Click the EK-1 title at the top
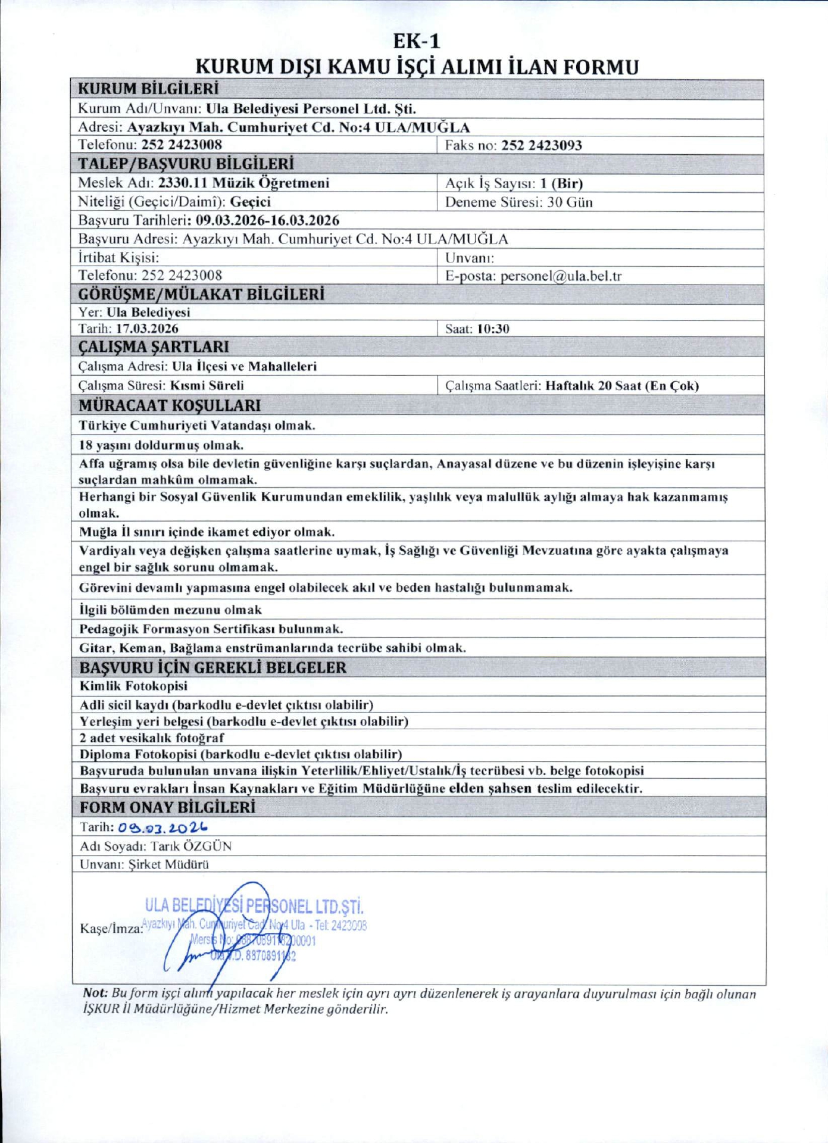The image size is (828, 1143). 417,41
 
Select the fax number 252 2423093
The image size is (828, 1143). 541,145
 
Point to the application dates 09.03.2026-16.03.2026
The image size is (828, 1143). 267,220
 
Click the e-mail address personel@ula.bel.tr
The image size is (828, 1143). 561,276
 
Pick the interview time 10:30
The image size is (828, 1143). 493,329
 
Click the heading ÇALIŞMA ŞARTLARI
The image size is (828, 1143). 154,346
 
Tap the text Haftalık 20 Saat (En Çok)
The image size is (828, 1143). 622,385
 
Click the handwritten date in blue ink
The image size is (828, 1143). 163,827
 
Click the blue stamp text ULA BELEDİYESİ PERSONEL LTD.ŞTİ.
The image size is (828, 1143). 254,907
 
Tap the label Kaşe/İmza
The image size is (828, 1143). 111,928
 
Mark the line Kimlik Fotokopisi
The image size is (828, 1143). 133,686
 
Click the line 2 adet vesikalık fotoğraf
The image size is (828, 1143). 152,738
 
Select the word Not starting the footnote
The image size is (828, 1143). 95,994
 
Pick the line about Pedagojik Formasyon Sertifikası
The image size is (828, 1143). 211,629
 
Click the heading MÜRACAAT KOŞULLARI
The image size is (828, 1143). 170,405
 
